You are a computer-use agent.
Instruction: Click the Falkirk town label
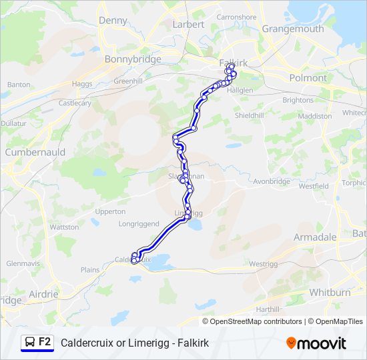click(x=233, y=63)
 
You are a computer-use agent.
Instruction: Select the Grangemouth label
click(x=293, y=29)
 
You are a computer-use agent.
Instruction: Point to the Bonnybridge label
click(x=133, y=59)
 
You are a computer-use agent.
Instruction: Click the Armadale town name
click(x=315, y=237)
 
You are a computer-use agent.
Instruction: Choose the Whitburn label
click(x=330, y=293)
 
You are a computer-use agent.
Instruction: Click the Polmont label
click(x=308, y=78)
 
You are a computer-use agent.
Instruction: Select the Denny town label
click(x=113, y=21)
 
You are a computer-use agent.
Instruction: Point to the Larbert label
click(x=188, y=24)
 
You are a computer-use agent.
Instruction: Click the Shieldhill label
click(x=250, y=115)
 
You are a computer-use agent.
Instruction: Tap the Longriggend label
click(x=139, y=224)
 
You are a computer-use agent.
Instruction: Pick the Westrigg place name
click(x=263, y=264)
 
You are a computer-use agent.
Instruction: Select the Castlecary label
click(x=75, y=103)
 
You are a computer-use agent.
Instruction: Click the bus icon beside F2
click(x=30, y=342)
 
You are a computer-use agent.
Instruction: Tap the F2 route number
click(x=45, y=342)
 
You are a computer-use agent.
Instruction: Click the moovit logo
click(x=316, y=343)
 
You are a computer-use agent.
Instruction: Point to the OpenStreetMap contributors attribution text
click(x=256, y=321)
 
